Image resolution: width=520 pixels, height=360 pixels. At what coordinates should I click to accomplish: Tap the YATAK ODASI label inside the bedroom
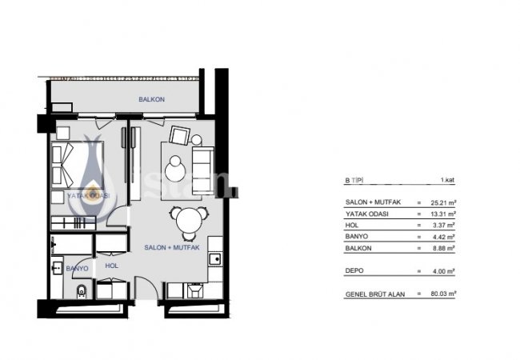click(x=88, y=194)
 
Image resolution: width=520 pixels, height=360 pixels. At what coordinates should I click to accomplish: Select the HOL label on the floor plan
click(x=111, y=266)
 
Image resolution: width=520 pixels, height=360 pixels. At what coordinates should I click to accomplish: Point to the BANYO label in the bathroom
click(x=77, y=269)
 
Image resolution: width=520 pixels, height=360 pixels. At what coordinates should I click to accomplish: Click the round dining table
click(x=185, y=217)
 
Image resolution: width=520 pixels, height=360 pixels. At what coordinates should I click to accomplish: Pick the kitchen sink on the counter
click(x=214, y=258)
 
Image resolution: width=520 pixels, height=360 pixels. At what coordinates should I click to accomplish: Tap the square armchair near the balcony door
click(x=178, y=135)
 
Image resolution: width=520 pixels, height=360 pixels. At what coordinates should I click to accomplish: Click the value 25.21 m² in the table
click(x=442, y=202)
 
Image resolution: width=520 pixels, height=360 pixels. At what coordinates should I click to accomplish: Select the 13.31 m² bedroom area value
click(x=442, y=214)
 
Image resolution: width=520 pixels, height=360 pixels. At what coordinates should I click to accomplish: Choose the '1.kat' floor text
click(x=447, y=182)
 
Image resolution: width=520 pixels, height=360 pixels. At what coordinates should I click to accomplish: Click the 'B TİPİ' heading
click(x=354, y=182)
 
